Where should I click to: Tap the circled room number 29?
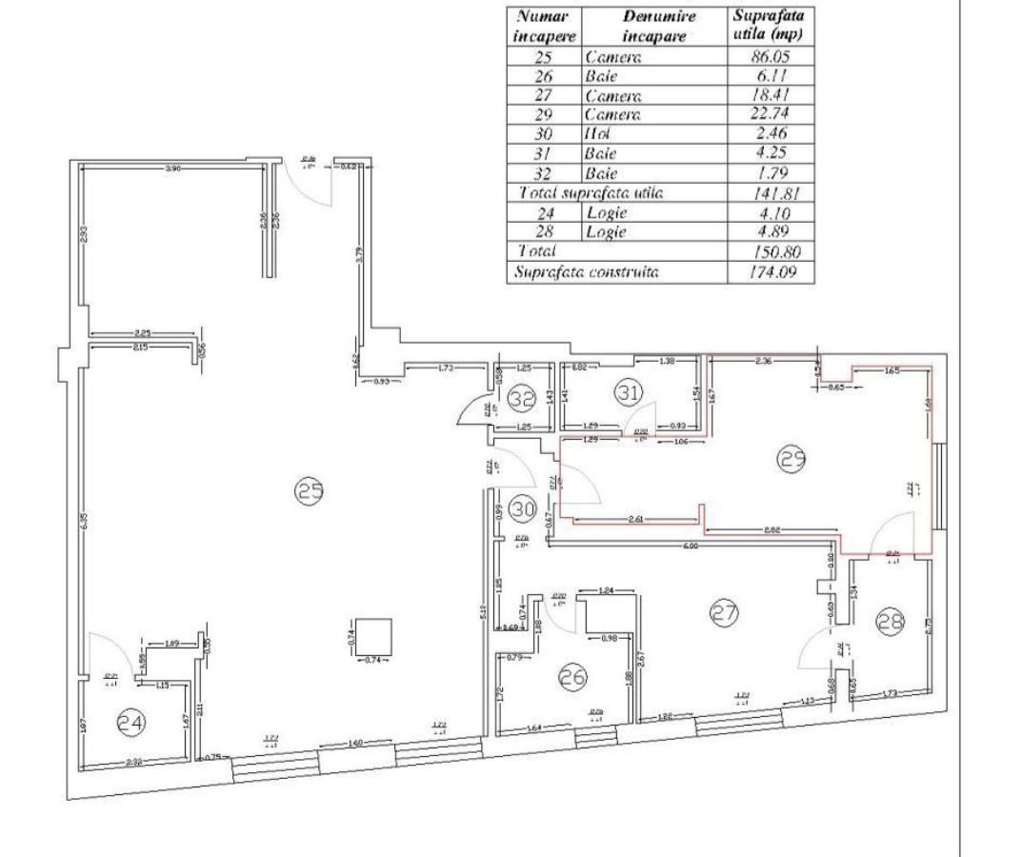(793, 459)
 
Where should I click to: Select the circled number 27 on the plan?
(725, 614)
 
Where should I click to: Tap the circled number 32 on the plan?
(522, 399)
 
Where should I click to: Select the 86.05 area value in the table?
(771, 57)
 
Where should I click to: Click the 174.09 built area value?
(771, 272)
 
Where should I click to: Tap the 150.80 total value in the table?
(771, 251)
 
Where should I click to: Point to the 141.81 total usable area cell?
(771, 193)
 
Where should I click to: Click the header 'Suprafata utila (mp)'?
(771, 27)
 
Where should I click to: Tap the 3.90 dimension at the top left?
(172, 168)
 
